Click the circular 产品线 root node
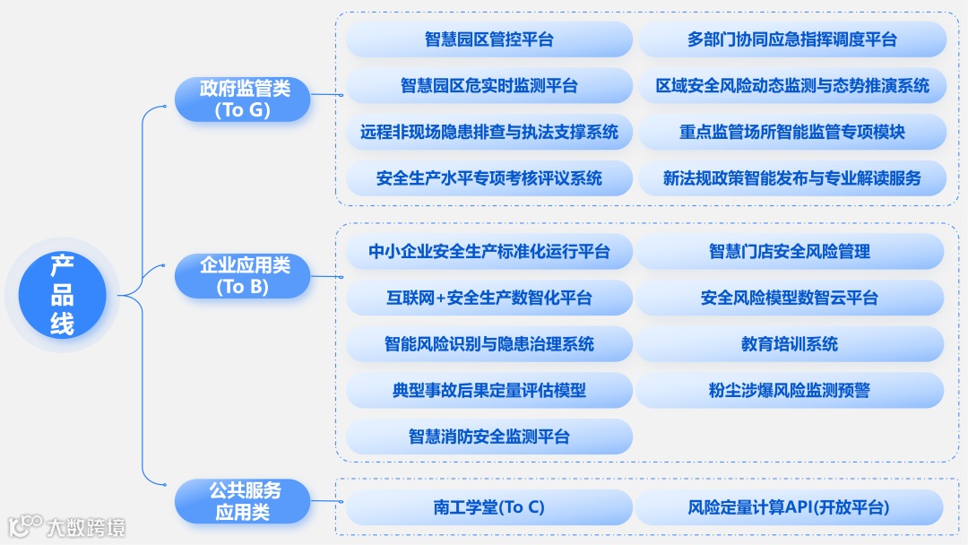62,294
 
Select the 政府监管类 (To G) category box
244,99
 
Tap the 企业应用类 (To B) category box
244,276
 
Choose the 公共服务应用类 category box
244,501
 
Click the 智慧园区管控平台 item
489,39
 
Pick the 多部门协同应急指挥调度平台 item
791,39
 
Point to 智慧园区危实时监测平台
489,86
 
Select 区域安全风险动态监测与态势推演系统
791,86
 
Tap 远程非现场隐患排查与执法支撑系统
489,132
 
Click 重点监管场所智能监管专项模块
791,132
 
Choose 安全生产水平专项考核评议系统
489,178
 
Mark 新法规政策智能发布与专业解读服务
791,178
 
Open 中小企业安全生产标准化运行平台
489,252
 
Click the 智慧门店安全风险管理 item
790,252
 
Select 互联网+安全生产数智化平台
489,298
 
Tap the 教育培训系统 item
790,344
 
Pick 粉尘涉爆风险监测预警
790,390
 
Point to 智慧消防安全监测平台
489,437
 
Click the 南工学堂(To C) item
489,507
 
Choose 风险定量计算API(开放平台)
790,507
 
